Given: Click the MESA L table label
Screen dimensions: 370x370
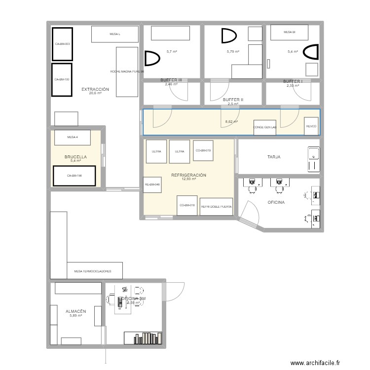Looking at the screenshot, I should pyautogui.click(x=114, y=34).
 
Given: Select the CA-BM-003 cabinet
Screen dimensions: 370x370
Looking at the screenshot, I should pyautogui.click(x=62, y=44).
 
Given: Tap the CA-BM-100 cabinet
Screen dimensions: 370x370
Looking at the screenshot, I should pyautogui.click(x=62, y=79).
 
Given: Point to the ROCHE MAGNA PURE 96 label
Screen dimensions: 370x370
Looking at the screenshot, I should pyautogui.click(x=127, y=71).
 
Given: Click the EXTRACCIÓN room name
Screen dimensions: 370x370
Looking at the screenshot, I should pyautogui.click(x=95, y=90).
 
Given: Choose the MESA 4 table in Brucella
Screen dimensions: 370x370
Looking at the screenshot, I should pyautogui.click(x=73, y=137).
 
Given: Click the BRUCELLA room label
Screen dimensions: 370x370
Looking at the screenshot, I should pyautogui.click(x=75, y=157).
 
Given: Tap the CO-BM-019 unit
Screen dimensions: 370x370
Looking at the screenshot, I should pyautogui.click(x=203, y=150).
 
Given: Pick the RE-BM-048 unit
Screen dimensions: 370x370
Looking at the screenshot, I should pyautogui.click(x=152, y=185).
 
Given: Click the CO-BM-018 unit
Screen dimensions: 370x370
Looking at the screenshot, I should pyautogui.click(x=187, y=205).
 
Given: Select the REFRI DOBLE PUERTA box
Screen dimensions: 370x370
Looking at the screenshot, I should pyautogui.click(x=216, y=207).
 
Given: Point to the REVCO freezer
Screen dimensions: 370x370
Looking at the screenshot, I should pyautogui.click(x=311, y=126).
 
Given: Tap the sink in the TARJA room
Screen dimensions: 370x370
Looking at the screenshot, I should pyautogui.click(x=313, y=159).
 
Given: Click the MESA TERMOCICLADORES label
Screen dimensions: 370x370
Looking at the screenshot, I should pyautogui.click(x=92, y=271).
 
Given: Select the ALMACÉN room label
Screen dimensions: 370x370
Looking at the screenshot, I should pyautogui.click(x=76, y=311).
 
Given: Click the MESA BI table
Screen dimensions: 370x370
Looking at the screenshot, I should pyautogui.click(x=289, y=32).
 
